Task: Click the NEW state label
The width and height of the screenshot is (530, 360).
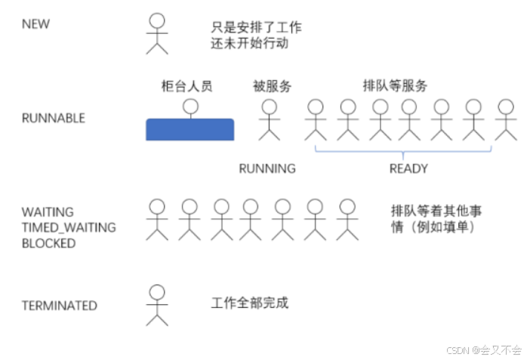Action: [35, 23]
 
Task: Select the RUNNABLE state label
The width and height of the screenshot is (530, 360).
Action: [53, 118]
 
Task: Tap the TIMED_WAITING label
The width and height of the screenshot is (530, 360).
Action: [68, 228]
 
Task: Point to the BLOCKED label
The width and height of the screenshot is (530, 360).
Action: [48, 244]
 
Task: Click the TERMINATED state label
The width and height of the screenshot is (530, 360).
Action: [59, 306]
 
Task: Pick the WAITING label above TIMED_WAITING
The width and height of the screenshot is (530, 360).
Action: [48, 212]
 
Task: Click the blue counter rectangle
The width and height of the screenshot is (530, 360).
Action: [190, 129]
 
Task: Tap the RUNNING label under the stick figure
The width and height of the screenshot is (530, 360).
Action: [267, 168]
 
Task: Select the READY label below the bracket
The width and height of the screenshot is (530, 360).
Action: [408, 168]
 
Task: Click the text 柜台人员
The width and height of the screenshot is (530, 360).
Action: [186, 86]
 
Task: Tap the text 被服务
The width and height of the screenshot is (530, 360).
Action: [272, 86]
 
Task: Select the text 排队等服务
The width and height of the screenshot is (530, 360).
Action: [395, 86]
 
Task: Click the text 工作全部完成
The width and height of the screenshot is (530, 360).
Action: [250, 303]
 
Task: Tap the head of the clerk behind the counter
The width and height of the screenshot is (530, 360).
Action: [190, 106]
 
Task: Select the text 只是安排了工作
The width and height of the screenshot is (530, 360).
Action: [256, 27]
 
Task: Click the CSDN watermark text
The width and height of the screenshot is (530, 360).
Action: [484, 349]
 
